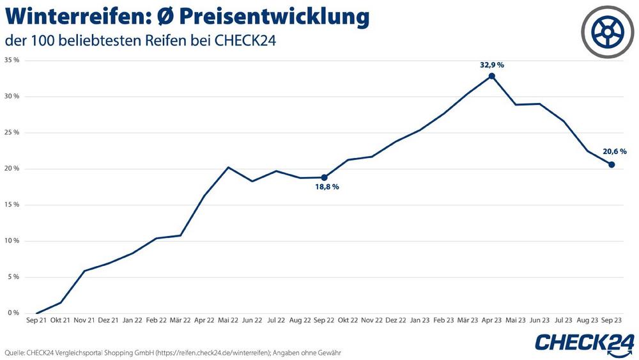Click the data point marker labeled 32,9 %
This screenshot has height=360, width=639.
491,76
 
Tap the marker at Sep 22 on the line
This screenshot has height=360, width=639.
324,178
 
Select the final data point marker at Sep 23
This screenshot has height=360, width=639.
612,165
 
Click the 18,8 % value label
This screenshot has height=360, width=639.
327,187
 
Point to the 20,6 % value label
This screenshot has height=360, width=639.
614,152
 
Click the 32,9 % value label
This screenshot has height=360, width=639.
491,65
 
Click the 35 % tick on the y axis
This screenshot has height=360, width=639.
12,60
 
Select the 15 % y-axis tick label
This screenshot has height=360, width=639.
12,205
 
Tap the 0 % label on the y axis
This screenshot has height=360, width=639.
13,313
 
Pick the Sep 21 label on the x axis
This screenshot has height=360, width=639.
36,320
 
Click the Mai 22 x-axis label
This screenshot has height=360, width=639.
228,320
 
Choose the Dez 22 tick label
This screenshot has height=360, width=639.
396,320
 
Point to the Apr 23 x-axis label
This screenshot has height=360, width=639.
491,320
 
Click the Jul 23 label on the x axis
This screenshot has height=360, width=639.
563,320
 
